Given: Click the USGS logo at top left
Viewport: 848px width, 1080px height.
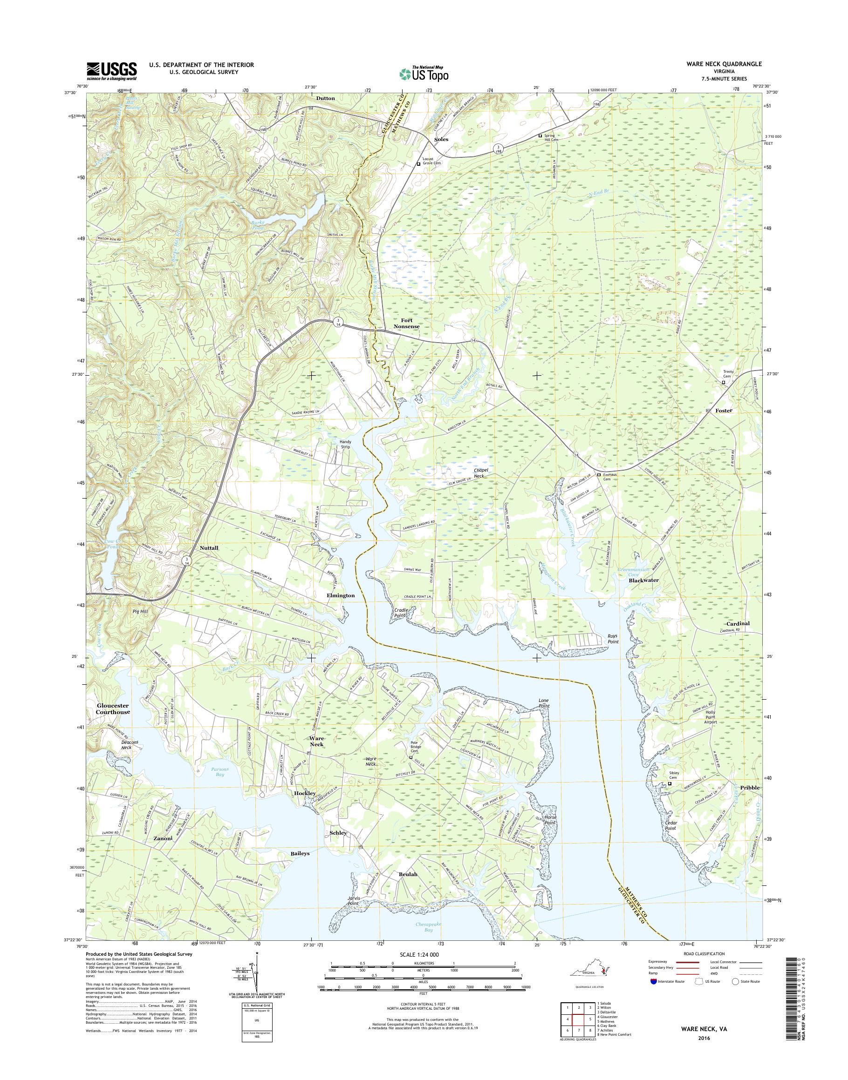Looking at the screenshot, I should [112, 71].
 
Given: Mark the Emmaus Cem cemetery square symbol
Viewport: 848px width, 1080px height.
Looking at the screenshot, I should [599, 475].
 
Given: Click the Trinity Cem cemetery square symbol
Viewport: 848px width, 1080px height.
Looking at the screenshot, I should [724, 383].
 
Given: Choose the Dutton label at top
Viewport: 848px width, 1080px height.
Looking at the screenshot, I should [325, 98].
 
